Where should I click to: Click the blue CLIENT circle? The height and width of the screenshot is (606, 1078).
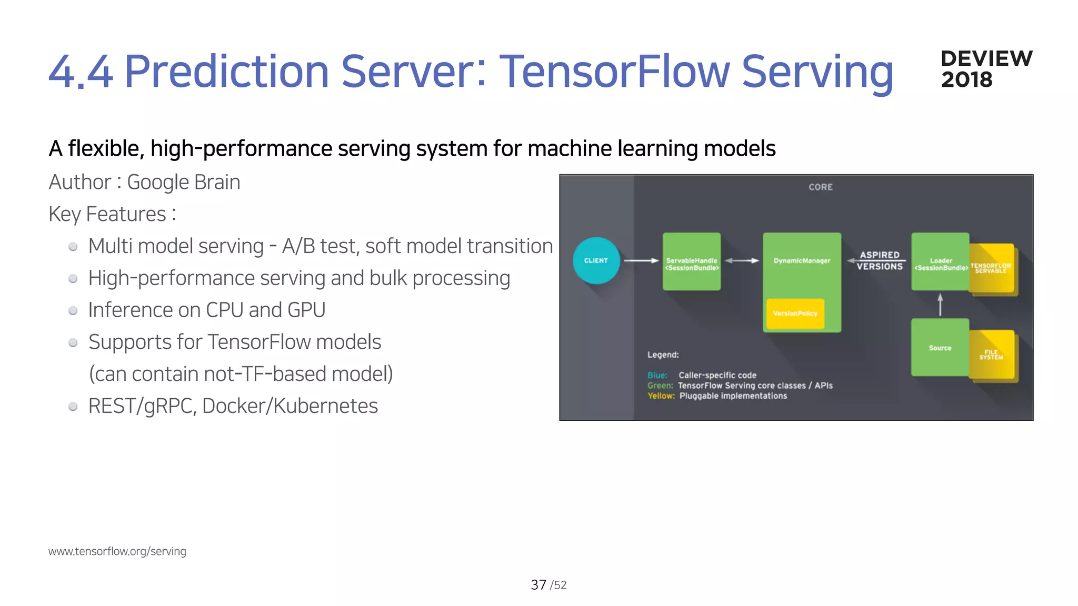tap(596, 260)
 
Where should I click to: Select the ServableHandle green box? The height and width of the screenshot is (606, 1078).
tap(692, 261)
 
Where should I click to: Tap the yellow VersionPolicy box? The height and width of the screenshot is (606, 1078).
tap(795, 314)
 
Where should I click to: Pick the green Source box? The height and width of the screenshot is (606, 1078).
tap(940, 347)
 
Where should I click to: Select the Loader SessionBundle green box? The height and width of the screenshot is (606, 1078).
tap(941, 261)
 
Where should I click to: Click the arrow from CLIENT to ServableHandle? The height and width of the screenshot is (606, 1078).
tap(641, 260)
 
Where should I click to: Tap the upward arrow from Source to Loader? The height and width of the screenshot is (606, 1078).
tap(940, 305)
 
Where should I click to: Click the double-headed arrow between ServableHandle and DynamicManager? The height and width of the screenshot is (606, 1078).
tap(742, 260)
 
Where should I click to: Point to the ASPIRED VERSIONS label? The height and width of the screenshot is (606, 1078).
tap(880, 260)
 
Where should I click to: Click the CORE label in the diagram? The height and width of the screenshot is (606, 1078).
tap(821, 187)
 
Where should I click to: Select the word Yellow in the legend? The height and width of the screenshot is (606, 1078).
tap(661, 396)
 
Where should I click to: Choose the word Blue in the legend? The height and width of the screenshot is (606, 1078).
tap(657, 375)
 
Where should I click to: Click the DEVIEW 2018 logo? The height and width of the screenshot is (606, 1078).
tap(986, 69)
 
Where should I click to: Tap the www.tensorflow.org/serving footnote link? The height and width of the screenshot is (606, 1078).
tap(117, 551)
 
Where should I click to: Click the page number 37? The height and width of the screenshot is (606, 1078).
tap(538, 584)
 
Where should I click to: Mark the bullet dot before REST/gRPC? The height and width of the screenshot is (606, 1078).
tap(73, 407)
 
